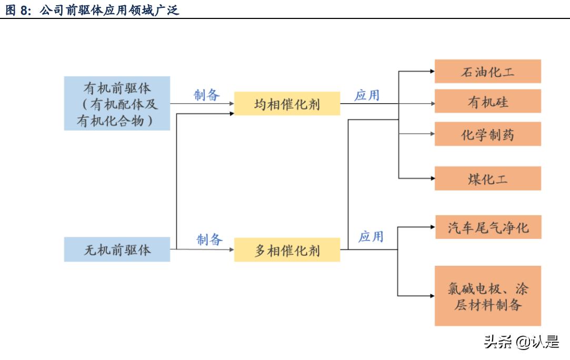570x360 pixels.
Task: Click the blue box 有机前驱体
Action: click(117, 103)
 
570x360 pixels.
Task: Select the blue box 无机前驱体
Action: click(117, 249)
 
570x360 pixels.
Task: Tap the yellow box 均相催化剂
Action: click(287, 104)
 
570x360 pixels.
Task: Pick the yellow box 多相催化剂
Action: click(287, 249)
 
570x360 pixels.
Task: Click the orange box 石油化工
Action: click(487, 72)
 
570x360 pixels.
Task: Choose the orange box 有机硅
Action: click(487, 101)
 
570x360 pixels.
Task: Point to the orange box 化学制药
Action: click(487, 134)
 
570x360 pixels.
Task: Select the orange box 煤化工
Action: click(487, 178)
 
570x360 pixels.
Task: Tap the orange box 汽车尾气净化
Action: click(488, 227)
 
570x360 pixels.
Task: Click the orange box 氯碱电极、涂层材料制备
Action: click(488, 296)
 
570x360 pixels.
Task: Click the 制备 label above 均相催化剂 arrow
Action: click(207, 95)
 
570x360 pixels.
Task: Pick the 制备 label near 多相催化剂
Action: click(210, 239)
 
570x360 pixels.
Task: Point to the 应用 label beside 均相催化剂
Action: click(367, 95)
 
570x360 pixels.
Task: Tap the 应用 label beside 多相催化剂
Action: click(371, 236)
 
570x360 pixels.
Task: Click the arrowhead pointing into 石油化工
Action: click(432, 72)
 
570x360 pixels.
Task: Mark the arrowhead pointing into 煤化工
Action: click(432, 178)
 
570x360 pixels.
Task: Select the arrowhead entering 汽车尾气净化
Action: click(433, 227)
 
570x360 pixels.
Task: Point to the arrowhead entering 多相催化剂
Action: click(232, 249)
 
